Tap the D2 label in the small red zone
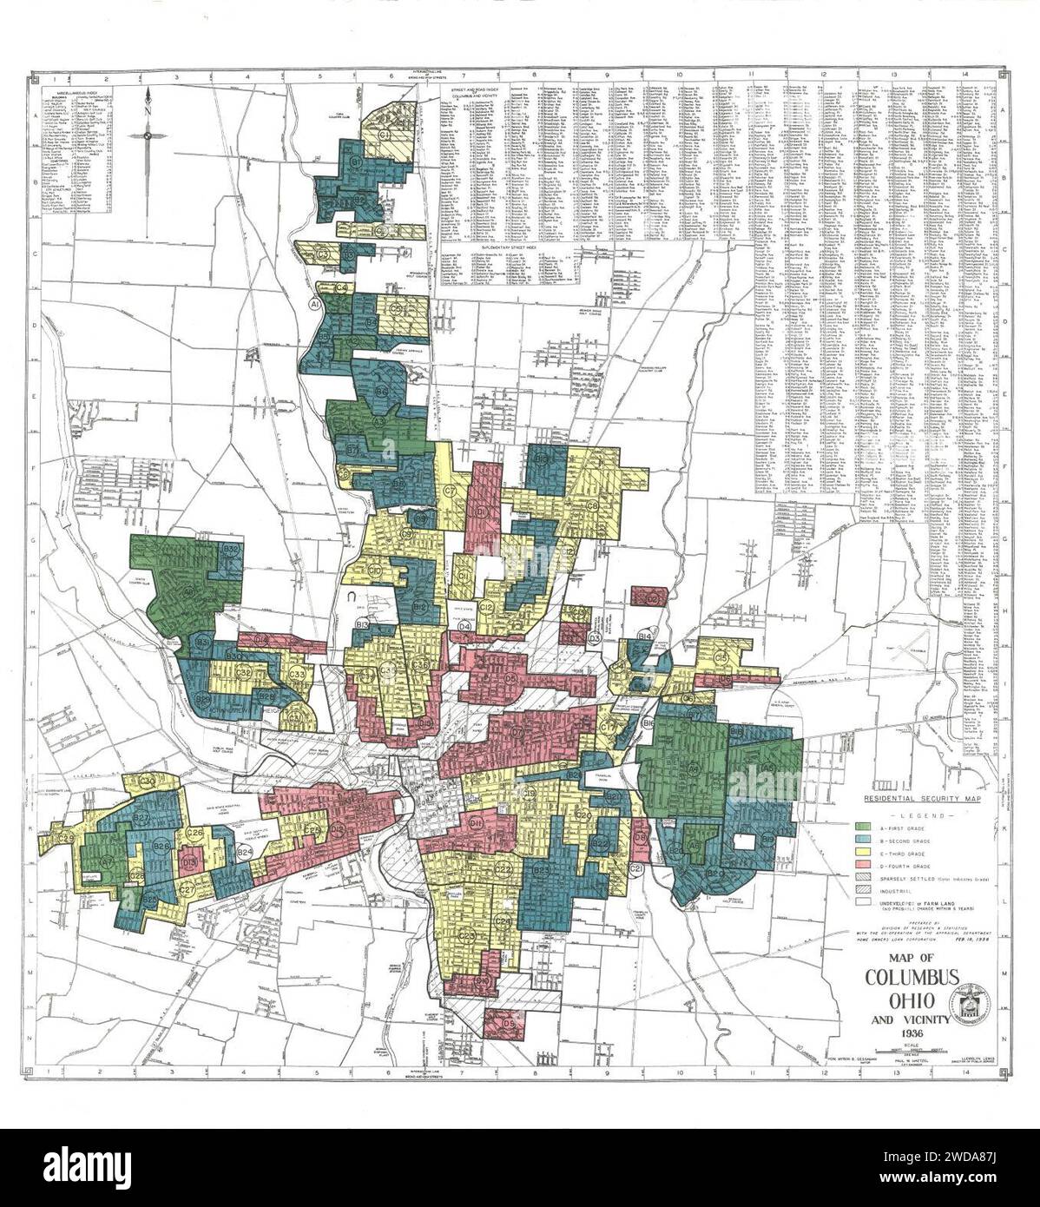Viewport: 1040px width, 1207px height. point(653,599)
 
